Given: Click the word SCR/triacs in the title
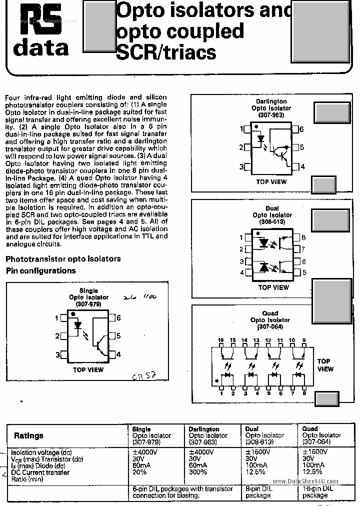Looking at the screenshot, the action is point(166,52).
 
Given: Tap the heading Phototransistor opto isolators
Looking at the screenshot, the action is point(63,259).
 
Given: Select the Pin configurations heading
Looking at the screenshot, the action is point(40,270).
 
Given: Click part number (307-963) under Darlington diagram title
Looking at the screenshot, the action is point(271,115).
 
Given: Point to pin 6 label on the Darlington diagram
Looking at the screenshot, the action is point(301,129).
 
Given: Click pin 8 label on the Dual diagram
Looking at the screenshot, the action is point(303,238).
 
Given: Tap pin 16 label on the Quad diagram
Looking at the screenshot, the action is point(220,340).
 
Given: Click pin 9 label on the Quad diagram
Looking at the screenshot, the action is point(303,340).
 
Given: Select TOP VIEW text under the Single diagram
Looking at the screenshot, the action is point(88,370).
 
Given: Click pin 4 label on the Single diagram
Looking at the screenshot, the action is point(118,354).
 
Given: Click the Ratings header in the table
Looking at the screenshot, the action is point(28,436).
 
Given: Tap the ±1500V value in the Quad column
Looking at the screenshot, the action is point(315,451).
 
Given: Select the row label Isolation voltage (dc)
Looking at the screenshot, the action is point(41,452).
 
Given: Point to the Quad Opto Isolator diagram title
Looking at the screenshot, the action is point(270,320).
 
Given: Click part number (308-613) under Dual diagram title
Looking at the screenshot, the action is point(272,221).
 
